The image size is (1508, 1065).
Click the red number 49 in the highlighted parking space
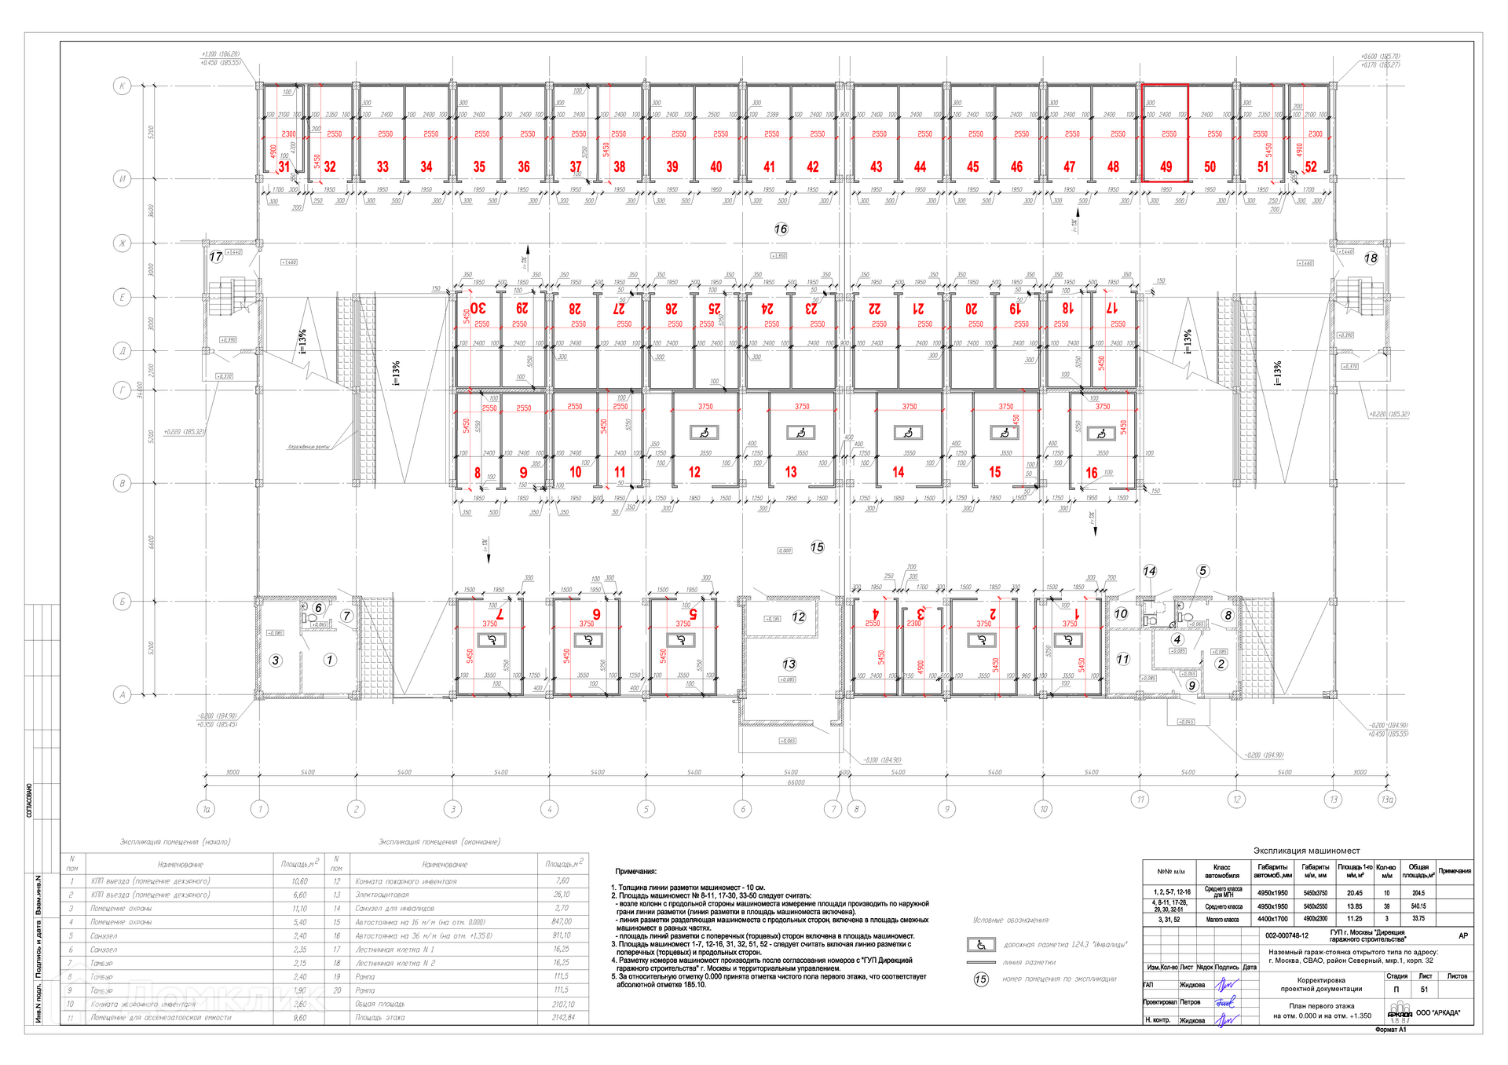1166,167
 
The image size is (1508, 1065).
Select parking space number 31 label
284,167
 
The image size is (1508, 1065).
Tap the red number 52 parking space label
1311,167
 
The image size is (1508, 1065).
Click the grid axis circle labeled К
122,86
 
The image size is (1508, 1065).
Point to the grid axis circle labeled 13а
1387,800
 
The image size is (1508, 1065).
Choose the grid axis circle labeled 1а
207,809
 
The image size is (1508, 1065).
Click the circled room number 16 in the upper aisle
781,229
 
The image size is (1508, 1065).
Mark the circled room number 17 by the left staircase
216,257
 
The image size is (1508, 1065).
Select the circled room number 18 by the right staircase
1371,258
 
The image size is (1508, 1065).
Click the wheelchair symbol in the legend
981,945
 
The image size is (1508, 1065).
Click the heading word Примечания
635,871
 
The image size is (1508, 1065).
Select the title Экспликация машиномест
1306,851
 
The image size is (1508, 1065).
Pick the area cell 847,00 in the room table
562,922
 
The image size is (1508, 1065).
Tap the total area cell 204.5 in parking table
1418,893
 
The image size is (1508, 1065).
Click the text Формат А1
1390,1030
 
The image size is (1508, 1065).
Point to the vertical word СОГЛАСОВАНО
30,800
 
